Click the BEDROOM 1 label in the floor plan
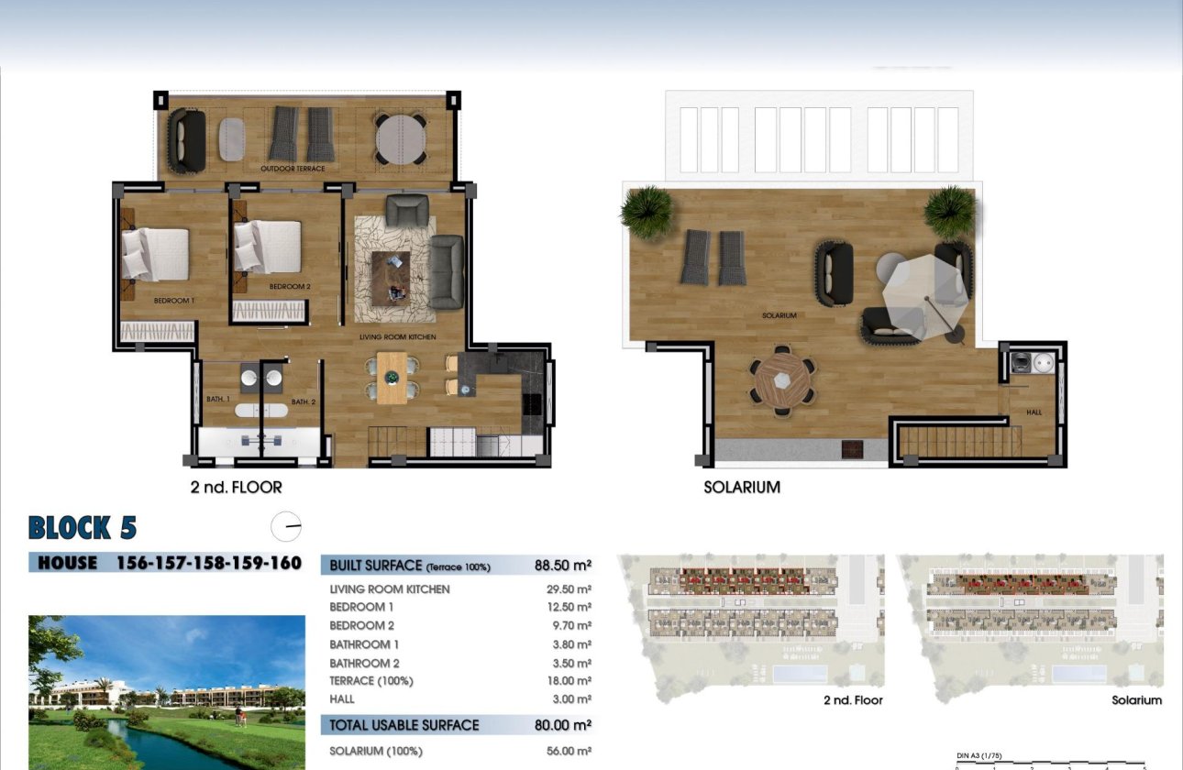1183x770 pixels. (173, 301)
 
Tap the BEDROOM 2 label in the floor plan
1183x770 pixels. (290, 287)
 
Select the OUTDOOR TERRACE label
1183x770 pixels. (293, 169)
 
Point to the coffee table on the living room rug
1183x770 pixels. (391, 275)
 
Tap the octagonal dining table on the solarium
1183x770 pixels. (781, 379)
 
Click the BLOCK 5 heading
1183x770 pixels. (83, 528)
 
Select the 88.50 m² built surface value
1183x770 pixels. (562, 566)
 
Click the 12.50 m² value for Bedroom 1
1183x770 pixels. (568, 607)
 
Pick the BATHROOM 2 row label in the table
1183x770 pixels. (364, 663)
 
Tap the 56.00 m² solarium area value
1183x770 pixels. (568, 751)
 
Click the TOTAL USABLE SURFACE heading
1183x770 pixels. (404, 725)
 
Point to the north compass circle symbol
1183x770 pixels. (286, 526)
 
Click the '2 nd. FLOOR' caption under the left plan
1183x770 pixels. (236, 488)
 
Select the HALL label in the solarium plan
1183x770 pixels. (1034, 412)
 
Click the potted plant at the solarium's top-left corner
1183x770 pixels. (647, 211)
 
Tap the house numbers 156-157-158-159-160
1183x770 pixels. (209, 563)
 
